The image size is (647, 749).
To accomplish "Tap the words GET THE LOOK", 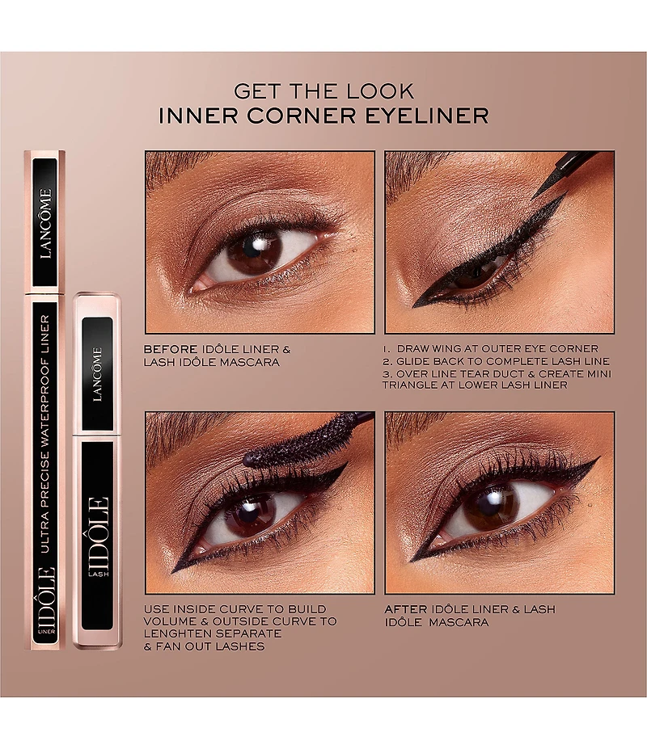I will click(x=323, y=90).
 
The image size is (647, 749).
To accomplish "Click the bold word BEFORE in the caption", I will click(x=170, y=349).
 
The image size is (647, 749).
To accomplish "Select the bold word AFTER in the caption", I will click(x=405, y=608).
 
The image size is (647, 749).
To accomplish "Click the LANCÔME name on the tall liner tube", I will click(x=45, y=223).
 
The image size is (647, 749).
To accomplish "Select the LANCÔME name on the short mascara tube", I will click(x=97, y=374).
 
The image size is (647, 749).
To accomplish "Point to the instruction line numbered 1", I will click(x=491, y=349).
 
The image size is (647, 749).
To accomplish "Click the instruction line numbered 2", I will click(x=497, y=361).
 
